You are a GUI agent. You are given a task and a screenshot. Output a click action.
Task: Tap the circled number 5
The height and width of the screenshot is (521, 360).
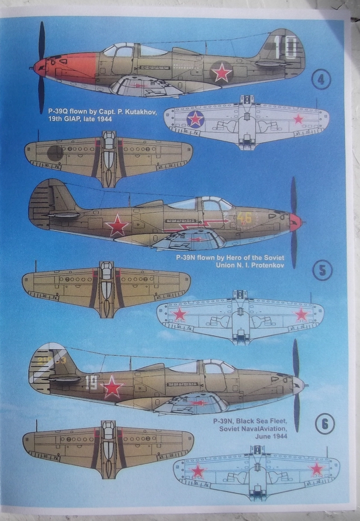click(323, 271)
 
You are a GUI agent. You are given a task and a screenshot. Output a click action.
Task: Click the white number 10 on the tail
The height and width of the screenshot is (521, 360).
click(287, 47)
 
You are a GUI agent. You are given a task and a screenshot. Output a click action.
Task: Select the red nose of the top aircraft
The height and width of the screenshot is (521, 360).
click(69, 69)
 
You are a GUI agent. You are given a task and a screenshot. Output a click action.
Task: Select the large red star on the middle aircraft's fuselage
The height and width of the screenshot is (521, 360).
click(117, 226)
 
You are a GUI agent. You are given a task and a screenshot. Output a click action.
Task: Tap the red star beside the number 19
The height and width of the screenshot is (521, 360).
click(112, 387)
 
